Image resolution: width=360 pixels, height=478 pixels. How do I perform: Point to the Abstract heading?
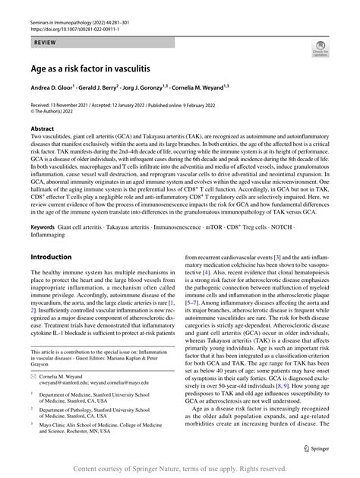pos(42,129)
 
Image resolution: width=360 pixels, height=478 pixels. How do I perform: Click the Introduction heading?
pos(50,257)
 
